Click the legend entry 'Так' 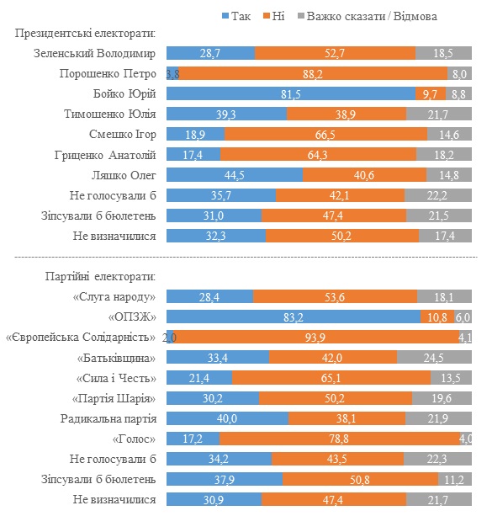pos(238,15)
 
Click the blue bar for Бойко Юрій pos(291,93)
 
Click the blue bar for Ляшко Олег pos(235,175)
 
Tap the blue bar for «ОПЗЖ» pos(294,317)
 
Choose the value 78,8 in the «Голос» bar pos(340,439)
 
